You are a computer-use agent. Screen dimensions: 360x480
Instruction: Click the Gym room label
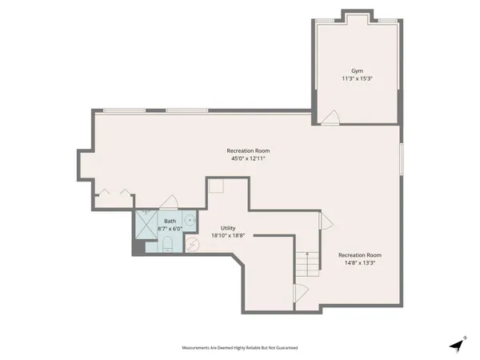point(357,70)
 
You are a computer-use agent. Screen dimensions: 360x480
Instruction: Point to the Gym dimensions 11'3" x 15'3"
point(357,79)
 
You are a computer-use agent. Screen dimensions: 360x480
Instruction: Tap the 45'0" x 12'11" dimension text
point(246,158)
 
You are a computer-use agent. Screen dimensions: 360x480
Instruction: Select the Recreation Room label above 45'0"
point(247,150)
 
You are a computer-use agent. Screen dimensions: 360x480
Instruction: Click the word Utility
point(228,228)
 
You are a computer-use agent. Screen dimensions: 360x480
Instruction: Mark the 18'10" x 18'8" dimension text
point(228,236)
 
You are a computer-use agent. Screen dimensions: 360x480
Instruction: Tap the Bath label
point(170,221)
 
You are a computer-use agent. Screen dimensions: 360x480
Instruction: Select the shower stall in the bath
point(146,225)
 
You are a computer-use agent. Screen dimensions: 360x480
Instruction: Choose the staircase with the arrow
point(306,263)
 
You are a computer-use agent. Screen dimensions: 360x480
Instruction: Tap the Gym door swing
point(330,118)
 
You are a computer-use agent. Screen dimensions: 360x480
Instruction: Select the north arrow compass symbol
point(456,343)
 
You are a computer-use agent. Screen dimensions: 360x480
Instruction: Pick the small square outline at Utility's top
point(216,186)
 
